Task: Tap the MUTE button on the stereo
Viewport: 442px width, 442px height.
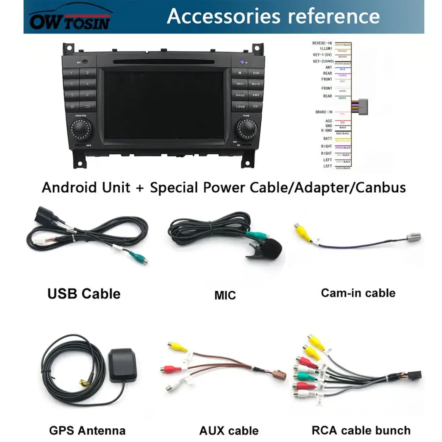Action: [255, 84]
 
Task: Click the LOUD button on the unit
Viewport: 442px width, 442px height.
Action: [240, 107]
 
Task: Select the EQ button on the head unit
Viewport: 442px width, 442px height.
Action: [255, 107]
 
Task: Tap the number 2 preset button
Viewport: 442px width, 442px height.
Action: [88, 72]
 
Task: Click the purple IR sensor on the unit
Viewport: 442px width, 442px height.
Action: [242, 62]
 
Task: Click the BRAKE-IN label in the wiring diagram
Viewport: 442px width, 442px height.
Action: [324, 112]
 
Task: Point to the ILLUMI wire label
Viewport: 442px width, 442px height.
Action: [326, 49]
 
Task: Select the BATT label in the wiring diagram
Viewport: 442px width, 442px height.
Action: [328, 139]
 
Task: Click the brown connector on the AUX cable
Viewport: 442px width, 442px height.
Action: [279, 375]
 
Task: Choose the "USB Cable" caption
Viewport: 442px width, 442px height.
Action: [84, 293]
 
